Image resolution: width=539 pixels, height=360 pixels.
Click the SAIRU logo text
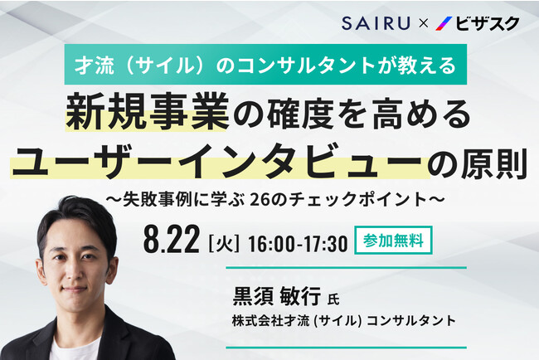(x=376, y=22)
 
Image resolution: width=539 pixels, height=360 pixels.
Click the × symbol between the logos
(x=423, y=23)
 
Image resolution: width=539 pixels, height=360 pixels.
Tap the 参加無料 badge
(x=393, y=241)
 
